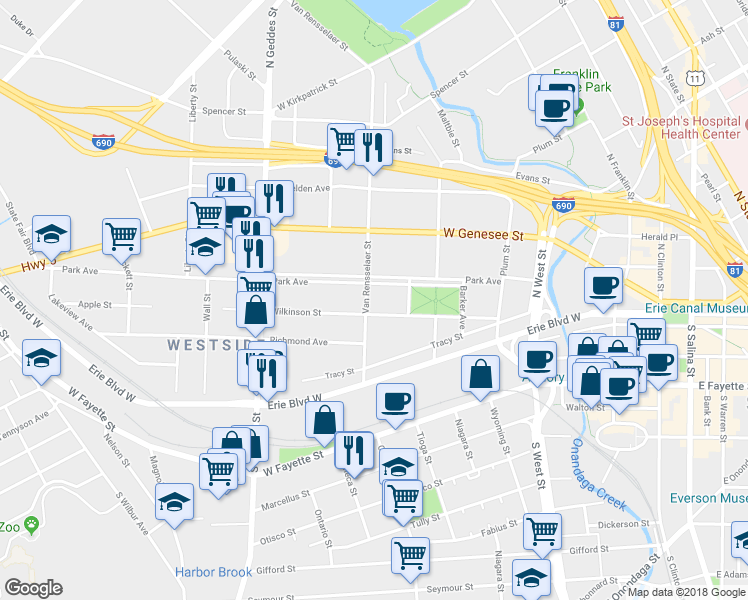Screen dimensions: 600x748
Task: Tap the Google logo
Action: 34,587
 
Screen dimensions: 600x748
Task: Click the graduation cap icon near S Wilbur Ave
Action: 175,502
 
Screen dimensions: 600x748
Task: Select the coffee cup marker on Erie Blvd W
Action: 395,402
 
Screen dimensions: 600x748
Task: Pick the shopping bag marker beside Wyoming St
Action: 481,375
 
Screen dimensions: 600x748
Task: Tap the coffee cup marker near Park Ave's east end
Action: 603,286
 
